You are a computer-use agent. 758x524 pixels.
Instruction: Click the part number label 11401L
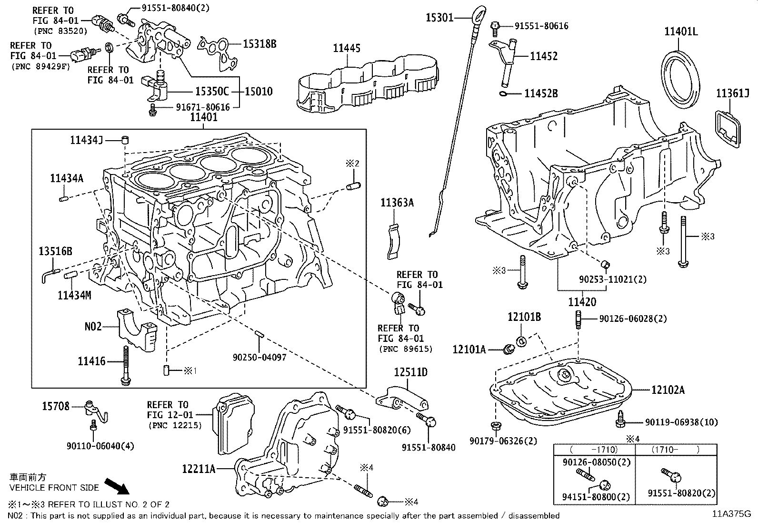(681, 32)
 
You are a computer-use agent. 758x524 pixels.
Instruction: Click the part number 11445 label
(347, 48)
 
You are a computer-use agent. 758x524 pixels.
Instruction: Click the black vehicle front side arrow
(116, 486)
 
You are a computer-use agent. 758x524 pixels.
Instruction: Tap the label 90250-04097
(259, 357)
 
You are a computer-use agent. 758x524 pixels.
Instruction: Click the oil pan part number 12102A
(668, 390)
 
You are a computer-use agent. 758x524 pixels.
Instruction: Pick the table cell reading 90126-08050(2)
(589, 462)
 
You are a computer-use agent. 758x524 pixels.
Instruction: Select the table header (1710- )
(675, 449)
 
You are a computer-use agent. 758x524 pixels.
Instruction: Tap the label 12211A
(199, 469)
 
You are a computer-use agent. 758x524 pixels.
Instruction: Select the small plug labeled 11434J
(126, 140)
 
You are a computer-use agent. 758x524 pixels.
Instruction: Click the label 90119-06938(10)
(681, 422)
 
